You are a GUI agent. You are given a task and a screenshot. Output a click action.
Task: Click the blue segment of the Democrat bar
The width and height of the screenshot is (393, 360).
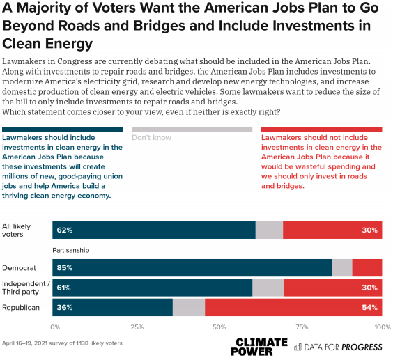tap(192, 268)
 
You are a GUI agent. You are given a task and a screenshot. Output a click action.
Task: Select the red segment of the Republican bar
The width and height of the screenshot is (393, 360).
tap(293, 307)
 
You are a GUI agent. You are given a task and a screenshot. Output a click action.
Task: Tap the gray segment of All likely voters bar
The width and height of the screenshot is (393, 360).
tap(269, 230)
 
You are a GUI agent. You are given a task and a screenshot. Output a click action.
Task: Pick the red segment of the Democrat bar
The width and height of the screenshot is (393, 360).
tap(367, 268)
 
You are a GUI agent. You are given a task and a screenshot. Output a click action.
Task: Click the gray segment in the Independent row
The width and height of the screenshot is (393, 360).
tap(268, 288)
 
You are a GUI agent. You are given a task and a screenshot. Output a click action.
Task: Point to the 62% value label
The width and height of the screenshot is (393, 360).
tap(65, 230)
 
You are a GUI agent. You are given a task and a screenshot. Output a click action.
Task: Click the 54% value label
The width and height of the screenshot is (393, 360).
tap(370, 307)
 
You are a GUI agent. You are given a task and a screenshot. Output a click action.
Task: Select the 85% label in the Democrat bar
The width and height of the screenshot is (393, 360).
tap(65, 268)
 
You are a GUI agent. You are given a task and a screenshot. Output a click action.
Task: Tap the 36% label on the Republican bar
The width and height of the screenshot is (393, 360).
tap(65, 307)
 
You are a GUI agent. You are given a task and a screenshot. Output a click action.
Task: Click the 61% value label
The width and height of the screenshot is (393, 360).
tap(63, 288)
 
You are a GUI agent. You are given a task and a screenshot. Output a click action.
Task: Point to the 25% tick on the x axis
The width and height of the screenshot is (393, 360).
tap(137, 327)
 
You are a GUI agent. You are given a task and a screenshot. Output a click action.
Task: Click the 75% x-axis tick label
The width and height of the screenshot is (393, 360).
tap(302, 327)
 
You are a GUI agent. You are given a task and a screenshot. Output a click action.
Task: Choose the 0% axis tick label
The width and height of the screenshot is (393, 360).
tap(55, 327)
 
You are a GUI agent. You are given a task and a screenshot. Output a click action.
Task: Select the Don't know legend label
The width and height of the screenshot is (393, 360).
tap(151, 138)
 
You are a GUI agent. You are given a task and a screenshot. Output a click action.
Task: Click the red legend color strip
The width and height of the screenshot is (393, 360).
tap(321, 130)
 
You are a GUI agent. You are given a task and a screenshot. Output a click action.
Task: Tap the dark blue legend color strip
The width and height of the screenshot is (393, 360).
tap(63, 130)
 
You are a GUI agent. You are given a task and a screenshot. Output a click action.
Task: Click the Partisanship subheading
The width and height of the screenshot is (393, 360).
tap(70, 250)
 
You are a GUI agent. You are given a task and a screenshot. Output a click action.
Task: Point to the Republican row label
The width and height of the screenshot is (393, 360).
tap(21, 307)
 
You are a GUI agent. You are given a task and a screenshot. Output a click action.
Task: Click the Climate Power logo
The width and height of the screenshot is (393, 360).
tap(259, 347)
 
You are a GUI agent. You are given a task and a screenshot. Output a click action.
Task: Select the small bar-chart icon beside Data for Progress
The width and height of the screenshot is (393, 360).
tap(298, 347)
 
